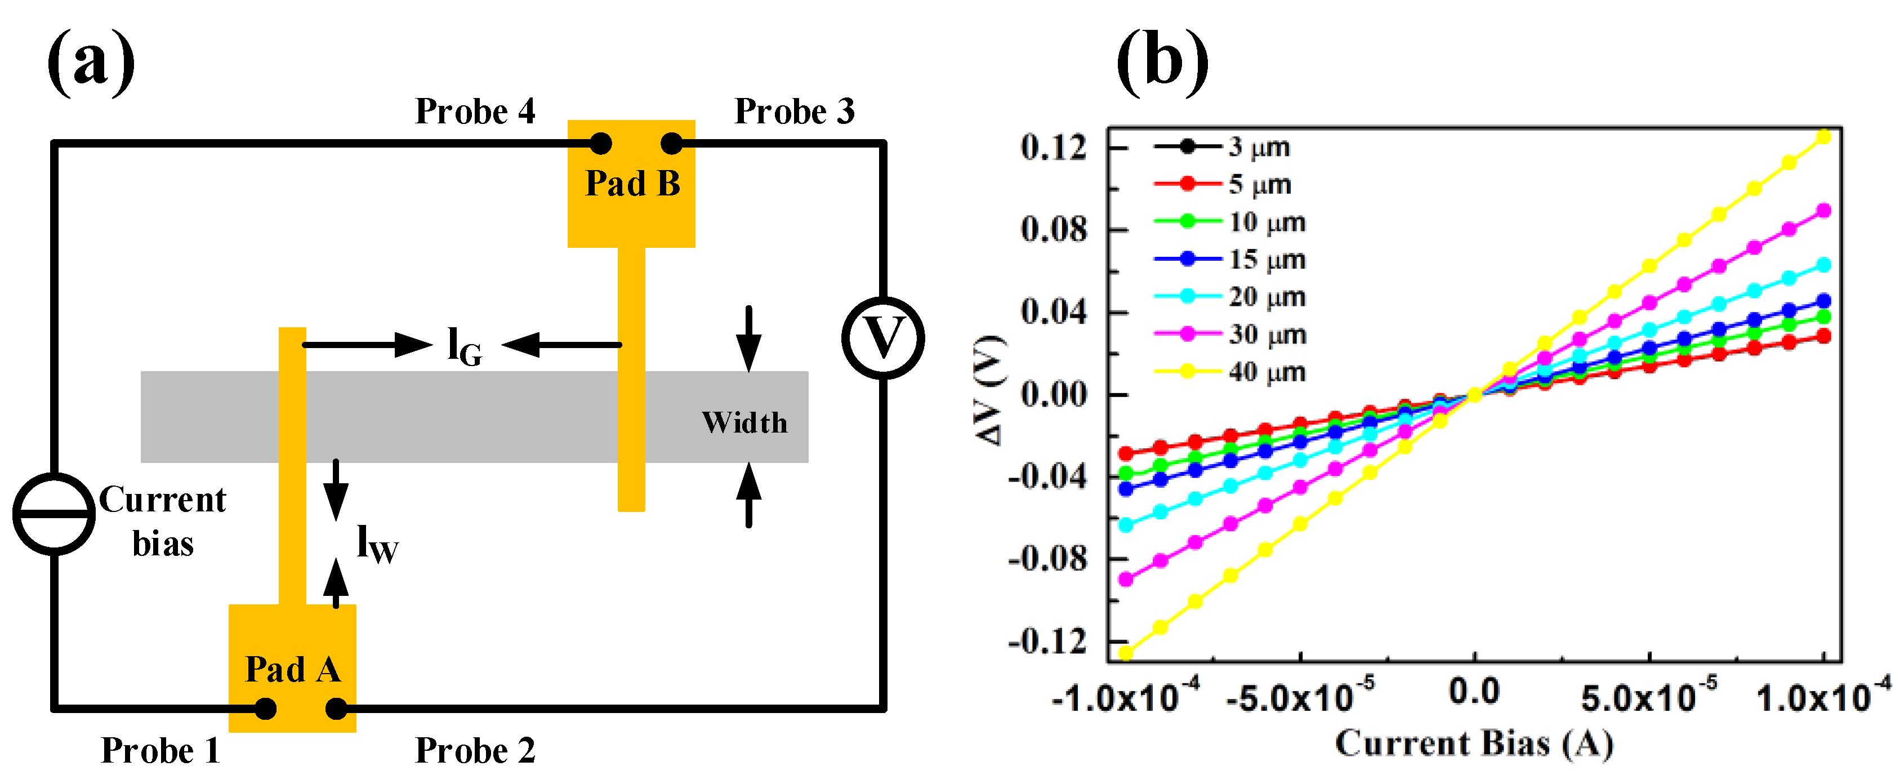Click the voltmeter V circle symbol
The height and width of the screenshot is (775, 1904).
tap(882, 338)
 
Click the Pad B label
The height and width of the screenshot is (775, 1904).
tap(632, 184)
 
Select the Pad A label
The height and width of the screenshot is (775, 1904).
tap(293, 669)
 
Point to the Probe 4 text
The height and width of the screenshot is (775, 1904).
tap(475, 112)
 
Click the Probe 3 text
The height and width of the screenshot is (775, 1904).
tap(794, 112)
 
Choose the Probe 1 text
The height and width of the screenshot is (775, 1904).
tap(160, 751)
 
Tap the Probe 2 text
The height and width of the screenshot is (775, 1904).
tap(475, 751)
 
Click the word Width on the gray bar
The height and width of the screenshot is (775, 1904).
tap(744, 422)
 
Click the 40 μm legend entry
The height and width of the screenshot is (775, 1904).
tap(1266, 372)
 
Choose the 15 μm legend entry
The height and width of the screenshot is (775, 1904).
tap(1266, 259)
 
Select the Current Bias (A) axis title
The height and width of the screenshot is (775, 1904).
tap(1474, 744)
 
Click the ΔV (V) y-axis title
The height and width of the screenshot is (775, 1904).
tap(991, 391)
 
